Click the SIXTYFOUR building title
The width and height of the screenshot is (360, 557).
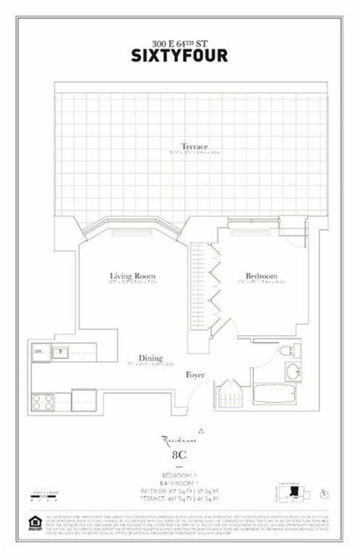[179, 56]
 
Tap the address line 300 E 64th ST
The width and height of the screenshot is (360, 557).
[179, 44]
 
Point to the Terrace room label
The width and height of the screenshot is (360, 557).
[194, 147]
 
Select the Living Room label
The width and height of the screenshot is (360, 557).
[133, 276]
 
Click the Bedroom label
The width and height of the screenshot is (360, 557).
[261, 276]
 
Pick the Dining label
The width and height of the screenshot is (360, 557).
[150, 358]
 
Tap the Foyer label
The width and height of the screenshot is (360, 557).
[195, 375]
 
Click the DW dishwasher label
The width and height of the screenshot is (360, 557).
[38, 351]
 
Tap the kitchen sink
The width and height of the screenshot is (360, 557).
[60, 352]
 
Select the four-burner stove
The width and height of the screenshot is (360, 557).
[43, 402]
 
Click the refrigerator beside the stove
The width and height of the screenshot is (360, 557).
[83, 400]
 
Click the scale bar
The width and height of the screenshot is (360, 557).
[44, 497]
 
